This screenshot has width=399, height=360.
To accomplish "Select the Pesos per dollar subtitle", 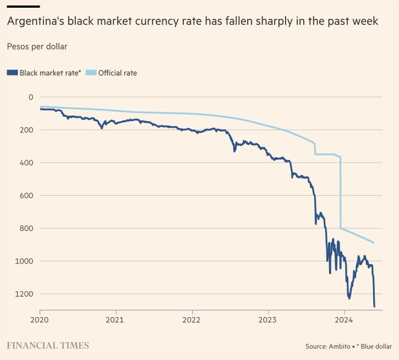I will point(36,45).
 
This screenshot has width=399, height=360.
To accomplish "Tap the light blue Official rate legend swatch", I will point(91,73).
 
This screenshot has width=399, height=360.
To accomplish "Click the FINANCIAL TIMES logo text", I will point(48,345).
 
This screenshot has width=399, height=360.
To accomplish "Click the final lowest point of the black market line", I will point(374,306).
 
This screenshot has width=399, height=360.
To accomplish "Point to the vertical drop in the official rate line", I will point(340,194).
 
